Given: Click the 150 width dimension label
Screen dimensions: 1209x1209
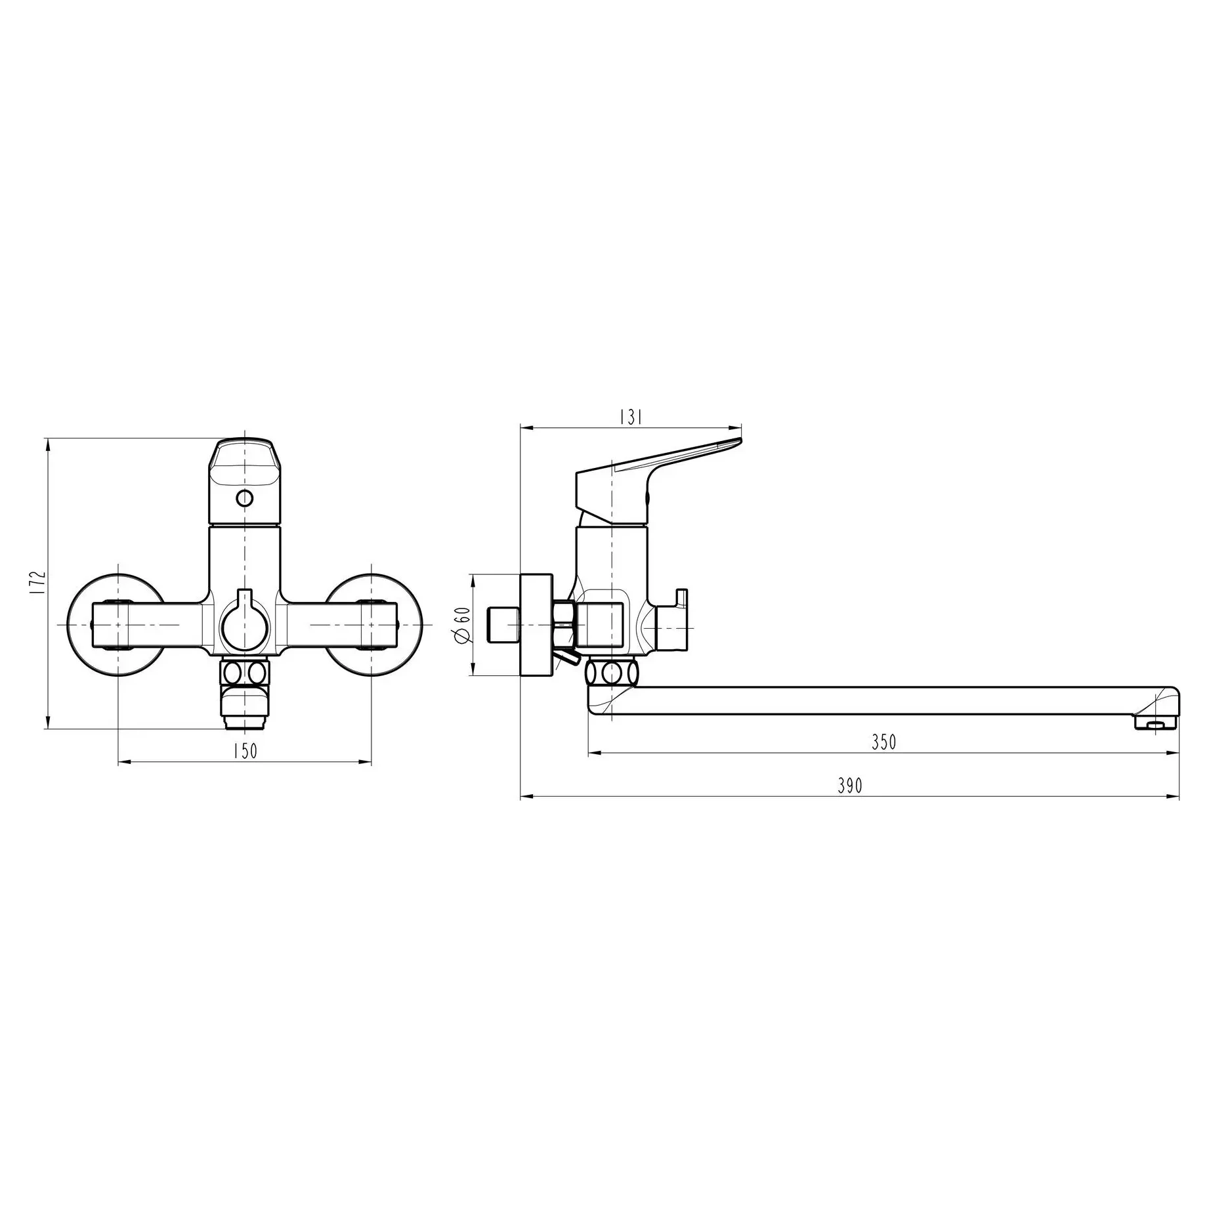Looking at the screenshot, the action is pyautogui.click(x=245, y=751).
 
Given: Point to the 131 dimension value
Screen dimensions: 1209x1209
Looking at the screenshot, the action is pyautogui.click(x=630, y=417).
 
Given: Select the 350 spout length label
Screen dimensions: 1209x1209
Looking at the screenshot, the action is pyautogui.click(x=883, y=742).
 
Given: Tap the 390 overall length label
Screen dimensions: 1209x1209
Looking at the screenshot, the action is pyautogui.click(x=850, y=786).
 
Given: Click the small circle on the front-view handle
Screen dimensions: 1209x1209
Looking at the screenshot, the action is pyautogui.click(x=244, y=498).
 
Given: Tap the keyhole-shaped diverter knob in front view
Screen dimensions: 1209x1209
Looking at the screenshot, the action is pyautogui.click(x=245, y=620).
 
